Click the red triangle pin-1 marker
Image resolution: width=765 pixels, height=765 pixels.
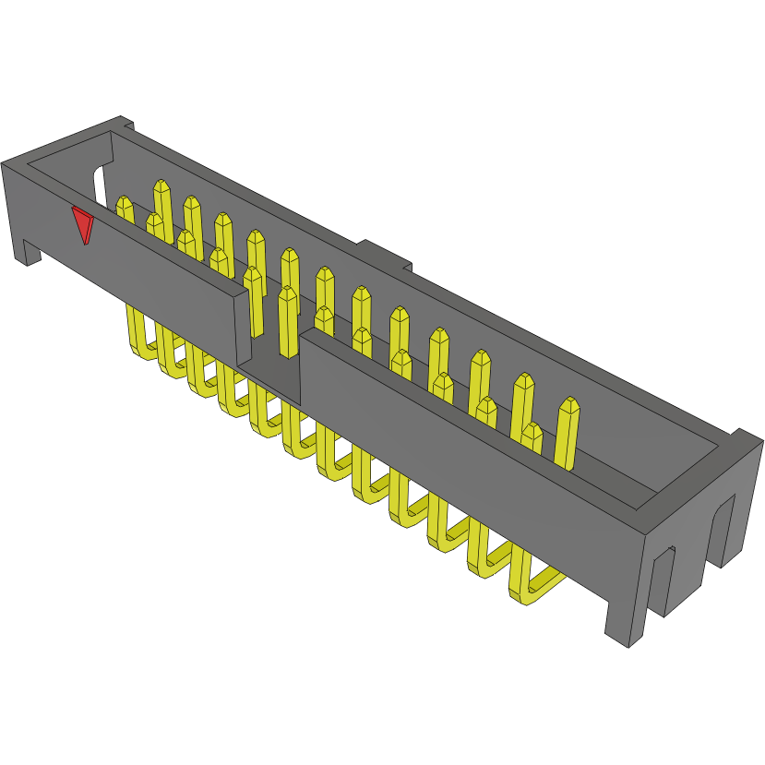83,223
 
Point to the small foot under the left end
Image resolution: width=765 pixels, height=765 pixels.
29,250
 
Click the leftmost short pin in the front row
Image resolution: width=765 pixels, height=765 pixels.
125,207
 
